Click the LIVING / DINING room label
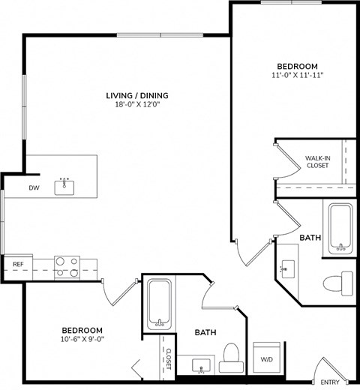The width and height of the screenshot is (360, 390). [136, 95]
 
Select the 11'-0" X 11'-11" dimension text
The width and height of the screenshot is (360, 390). [297, 76]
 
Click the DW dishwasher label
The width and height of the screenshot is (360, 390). [34, 187]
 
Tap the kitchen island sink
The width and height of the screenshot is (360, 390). [65, 187]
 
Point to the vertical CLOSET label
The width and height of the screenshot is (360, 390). [169, 359]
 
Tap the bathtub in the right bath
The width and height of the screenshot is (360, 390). [340, 228]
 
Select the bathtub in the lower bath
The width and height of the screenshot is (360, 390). [159, 304]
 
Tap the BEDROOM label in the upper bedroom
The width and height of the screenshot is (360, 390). [297, 65]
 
